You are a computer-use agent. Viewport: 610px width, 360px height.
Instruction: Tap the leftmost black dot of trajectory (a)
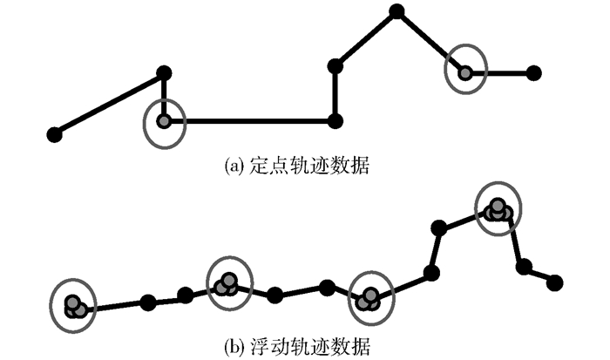(54, 134)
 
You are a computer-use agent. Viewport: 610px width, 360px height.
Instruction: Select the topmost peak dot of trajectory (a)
(396, 11)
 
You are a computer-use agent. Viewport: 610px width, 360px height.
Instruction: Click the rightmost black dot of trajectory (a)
(534, 72)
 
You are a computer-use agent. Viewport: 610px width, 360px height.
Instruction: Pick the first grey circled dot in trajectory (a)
(164, 121)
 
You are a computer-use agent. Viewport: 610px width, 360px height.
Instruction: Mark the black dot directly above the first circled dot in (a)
(164, 72)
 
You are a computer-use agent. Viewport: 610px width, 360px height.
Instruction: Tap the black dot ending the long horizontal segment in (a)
(335, 120)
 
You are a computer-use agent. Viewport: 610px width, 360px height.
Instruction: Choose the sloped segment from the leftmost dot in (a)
(109, 103)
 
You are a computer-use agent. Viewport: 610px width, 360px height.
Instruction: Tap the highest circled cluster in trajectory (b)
(498, 209)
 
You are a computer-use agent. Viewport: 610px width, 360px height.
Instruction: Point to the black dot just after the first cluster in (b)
(148, 302)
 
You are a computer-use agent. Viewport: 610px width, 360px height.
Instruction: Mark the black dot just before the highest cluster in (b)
(439, 229)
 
